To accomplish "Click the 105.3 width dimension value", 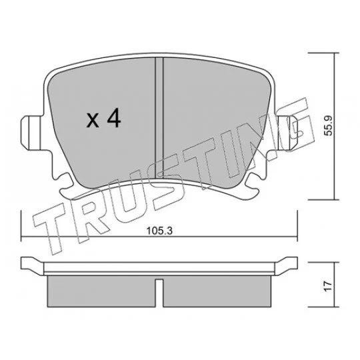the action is coord(159,231).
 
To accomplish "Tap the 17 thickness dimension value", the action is coord(329,286).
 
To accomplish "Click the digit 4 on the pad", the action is coord(115,118).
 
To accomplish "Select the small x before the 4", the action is coord(93,121).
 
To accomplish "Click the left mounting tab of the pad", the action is coord(32,133).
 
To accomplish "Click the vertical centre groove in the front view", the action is coord(159,117).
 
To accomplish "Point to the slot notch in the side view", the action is coord(159,293).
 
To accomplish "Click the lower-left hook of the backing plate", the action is coord(65,187).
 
